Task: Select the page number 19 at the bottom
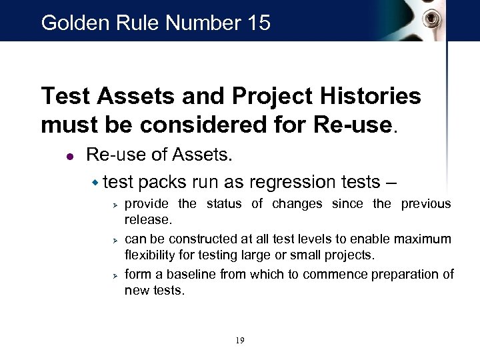click(240, 341)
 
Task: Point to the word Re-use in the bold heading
click(360, 125)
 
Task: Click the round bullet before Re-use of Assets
click(69, 157)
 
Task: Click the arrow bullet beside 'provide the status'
click(115, 204)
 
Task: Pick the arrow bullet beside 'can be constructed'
click(115, 239)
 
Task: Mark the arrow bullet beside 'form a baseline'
click(115, 274)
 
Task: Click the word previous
click(425, 203)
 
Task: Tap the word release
click(150, 220)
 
